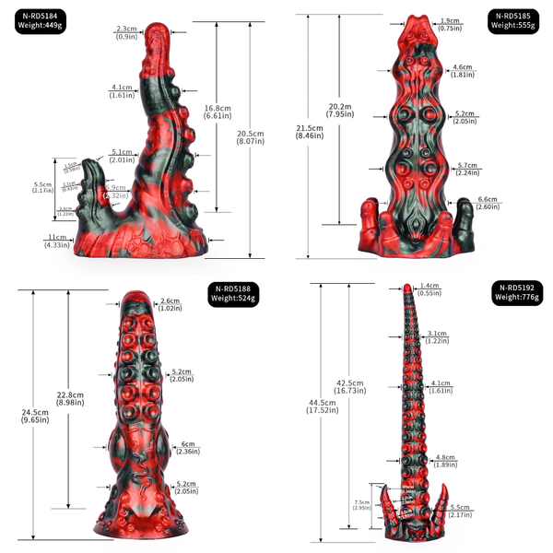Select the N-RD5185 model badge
[513, 21]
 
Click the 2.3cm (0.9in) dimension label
[127, 33]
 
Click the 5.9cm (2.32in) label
[117, 191]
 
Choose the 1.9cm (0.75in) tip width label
[451, 24]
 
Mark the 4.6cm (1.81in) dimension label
[463, 71]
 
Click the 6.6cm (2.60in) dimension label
[488, 204]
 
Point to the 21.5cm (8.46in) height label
[309, 132]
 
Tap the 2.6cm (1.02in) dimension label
[170, 305]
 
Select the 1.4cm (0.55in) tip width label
[428, 288]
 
